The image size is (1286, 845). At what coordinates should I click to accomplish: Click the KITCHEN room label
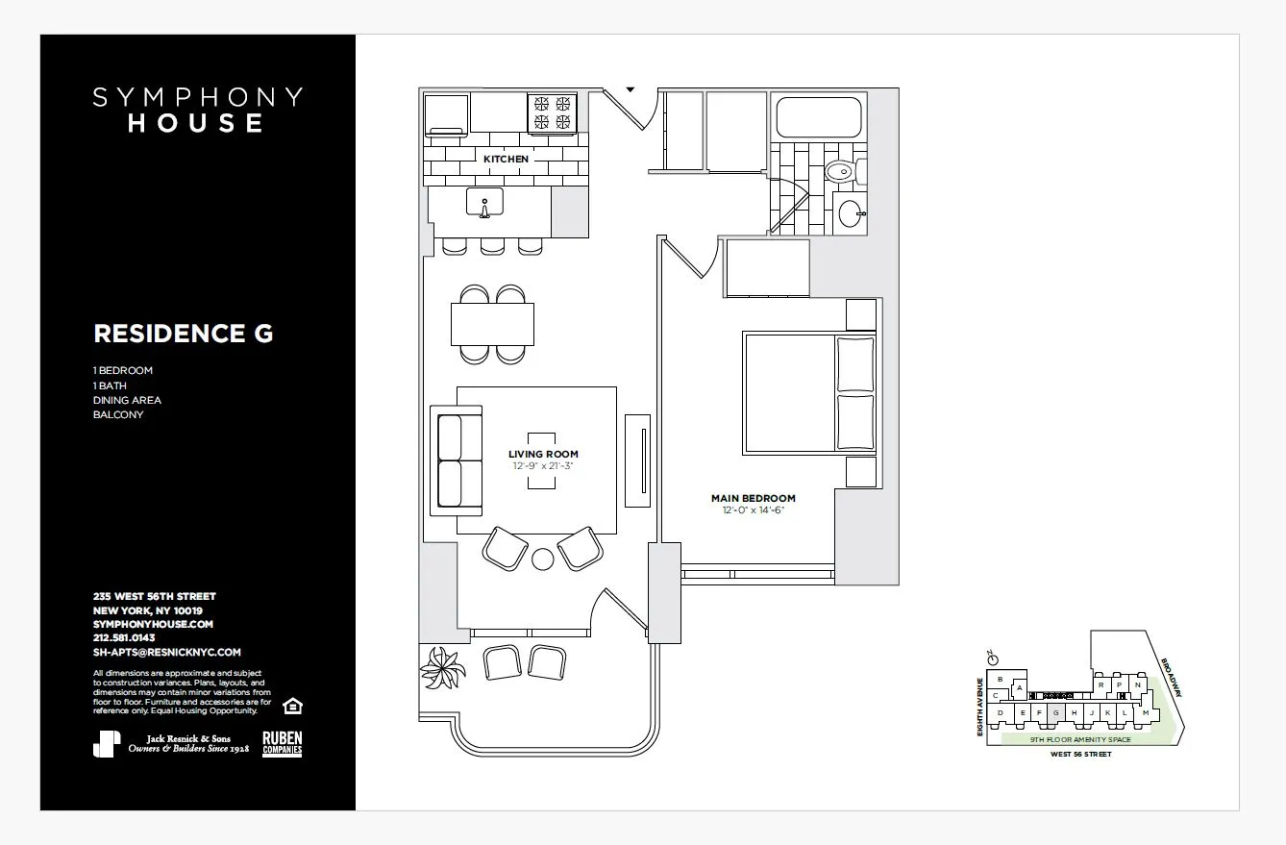[x=506, y=159]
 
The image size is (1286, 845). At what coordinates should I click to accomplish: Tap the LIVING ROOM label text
[x=543, y=454]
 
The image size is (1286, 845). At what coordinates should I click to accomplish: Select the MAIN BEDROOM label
[x=753, y=498]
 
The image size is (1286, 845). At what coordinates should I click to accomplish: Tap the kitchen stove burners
[x=552, y=112]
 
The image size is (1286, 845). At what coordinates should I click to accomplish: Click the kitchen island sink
[x=483, y=204]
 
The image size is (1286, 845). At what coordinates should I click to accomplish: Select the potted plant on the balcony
[x=443, y=667]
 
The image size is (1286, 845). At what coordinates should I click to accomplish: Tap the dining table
[x=492, y=323]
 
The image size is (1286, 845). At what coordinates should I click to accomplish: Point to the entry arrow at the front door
[x=631, y=88]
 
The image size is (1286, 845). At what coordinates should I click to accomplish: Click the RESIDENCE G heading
[x=183, y=334]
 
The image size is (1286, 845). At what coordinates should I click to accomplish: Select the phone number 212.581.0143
[x=124, y=637]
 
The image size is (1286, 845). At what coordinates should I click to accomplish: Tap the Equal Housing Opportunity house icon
[x=294, y=707]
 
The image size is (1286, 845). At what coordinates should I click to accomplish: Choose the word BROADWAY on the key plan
[x=1172, y=679]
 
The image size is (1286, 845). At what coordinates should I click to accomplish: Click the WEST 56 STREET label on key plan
[x=1080, y=755]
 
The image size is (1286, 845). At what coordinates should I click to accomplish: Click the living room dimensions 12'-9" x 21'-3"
[x=543, y=465]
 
